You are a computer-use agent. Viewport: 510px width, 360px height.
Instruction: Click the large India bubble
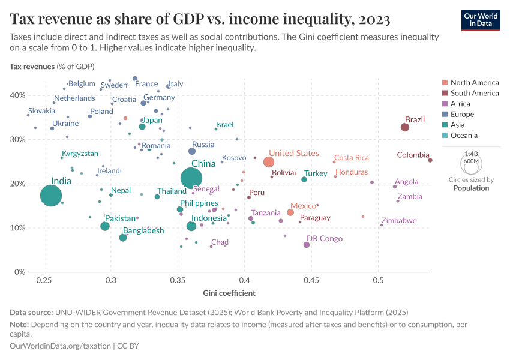coord(51,196)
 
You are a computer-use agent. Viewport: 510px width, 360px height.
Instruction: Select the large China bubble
coord(191,178)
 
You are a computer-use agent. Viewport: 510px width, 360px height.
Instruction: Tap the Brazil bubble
coord(405,127)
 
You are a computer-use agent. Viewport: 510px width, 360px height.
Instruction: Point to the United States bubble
coord(269,162)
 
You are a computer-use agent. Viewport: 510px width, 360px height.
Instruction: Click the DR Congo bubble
coord(307,245)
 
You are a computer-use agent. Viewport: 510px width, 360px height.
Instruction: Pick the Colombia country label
coord(413,155)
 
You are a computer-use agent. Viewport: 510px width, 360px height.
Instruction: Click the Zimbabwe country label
coord(399,221)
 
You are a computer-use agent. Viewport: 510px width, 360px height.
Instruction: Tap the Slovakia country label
coord(41,111)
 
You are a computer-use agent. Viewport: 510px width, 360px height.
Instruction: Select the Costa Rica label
coord(351,158)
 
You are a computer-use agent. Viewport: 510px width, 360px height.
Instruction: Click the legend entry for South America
coord(474,93)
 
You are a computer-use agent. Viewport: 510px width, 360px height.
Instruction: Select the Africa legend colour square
coord(445,104)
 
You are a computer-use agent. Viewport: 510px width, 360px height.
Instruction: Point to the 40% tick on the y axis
coord(17,95)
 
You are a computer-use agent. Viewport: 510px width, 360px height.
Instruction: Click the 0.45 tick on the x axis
coord(311,280)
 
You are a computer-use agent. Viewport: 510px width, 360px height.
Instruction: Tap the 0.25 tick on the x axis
coord(43,280)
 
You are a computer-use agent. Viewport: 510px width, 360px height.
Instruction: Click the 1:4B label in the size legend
coord(471,154)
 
